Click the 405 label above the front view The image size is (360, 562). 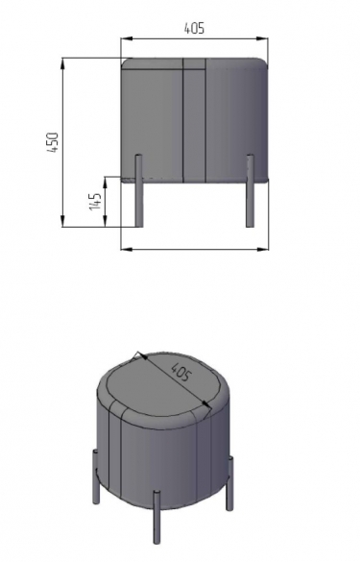coord(194,28)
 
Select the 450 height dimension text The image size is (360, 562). coord(53,142)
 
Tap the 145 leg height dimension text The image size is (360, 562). coord(95,202)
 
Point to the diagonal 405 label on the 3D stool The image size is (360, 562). coord(180,372)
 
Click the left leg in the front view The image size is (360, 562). coord(138,190)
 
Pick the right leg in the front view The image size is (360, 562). coord(250,190)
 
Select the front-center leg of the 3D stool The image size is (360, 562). coord(156,517)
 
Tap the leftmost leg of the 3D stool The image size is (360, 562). coord(96,476)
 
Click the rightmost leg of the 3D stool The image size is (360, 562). coord(229,483)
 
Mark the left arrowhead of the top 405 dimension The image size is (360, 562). coord(127,38)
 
